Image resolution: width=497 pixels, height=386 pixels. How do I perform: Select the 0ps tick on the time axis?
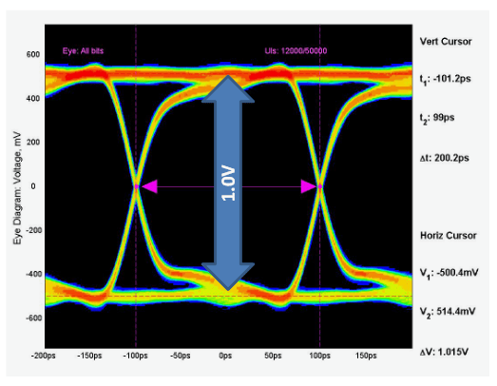click(226, 355)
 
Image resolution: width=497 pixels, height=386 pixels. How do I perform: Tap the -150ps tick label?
click(87, 355)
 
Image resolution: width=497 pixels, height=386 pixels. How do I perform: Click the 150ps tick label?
click(365, 355)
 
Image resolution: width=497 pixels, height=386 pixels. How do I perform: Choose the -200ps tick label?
click(41, 355)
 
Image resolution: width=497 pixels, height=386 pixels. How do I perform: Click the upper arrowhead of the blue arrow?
click(228, 87)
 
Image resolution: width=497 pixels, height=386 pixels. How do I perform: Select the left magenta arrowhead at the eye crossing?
click(144, 187)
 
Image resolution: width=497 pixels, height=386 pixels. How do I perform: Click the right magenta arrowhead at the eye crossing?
click(310, 187)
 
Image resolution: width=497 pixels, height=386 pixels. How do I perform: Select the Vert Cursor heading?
click(445, 42)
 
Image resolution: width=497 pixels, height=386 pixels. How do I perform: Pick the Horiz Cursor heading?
click(447, 234)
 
